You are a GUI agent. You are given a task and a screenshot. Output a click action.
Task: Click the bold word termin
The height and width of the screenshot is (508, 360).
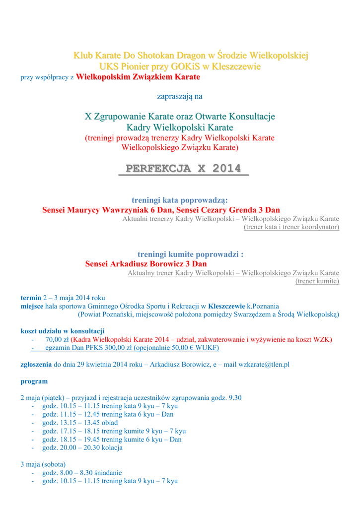(31, 298)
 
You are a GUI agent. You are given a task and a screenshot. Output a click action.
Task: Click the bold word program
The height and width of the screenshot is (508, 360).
(34, 381)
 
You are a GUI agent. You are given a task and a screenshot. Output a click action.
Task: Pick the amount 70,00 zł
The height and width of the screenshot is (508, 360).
(57, 339)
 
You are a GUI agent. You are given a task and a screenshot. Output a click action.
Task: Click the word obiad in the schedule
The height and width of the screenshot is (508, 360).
(109, 422)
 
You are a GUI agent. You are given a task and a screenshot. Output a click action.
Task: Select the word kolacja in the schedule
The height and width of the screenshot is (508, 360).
(111, 447)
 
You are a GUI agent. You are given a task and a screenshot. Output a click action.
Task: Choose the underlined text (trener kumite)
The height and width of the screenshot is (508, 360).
(317, 281)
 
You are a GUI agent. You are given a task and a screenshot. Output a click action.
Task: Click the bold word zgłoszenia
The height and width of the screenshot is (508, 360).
(36, 364)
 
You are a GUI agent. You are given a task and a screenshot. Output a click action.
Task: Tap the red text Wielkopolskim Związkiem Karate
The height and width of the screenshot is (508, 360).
(138, 77)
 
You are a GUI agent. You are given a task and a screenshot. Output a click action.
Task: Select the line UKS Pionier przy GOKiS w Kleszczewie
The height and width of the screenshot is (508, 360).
(180, 66)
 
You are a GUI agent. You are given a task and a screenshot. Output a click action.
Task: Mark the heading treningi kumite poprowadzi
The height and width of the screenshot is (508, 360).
(190, 254)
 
